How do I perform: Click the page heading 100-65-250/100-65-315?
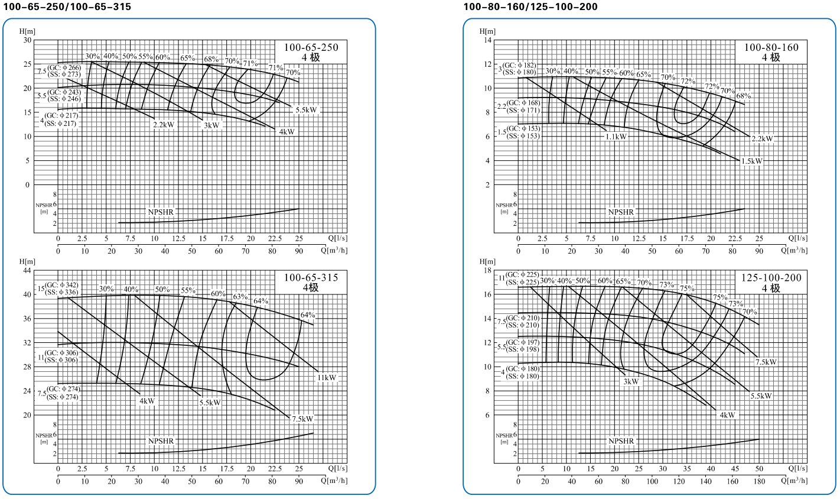[x=66, y=7]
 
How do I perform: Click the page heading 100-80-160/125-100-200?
[x=530, y=7]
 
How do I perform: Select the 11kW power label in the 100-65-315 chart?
[x=327, y=378]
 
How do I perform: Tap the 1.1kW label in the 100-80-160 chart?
[x=616, y=137]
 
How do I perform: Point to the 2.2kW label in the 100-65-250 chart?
[x=164, y=125]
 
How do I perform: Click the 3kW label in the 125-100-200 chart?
[x=631, y=381]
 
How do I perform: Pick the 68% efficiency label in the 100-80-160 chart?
[x=744, y=96]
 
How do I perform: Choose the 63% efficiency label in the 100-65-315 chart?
[x=240, y=297]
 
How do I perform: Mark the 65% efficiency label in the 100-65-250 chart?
[x=187, y=58]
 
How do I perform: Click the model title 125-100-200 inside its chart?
[x=771, y=278]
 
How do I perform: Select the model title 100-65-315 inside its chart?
[x=311, y=278]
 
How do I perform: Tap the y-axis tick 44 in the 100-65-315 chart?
[x=27, y=270]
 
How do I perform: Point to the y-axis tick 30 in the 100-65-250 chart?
[x=27, y=40]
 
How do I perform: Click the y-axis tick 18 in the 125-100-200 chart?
[x=488, y=270]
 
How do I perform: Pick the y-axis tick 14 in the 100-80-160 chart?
[x=488, y=40]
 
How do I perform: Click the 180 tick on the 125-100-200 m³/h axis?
[x=759, y=481]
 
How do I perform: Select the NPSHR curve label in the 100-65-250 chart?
[x=161, y=211]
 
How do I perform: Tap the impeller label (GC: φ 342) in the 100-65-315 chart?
[x=62, y=285]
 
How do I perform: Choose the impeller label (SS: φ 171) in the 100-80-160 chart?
[x=522, y=111]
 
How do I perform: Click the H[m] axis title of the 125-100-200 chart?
[x=487, y=261]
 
